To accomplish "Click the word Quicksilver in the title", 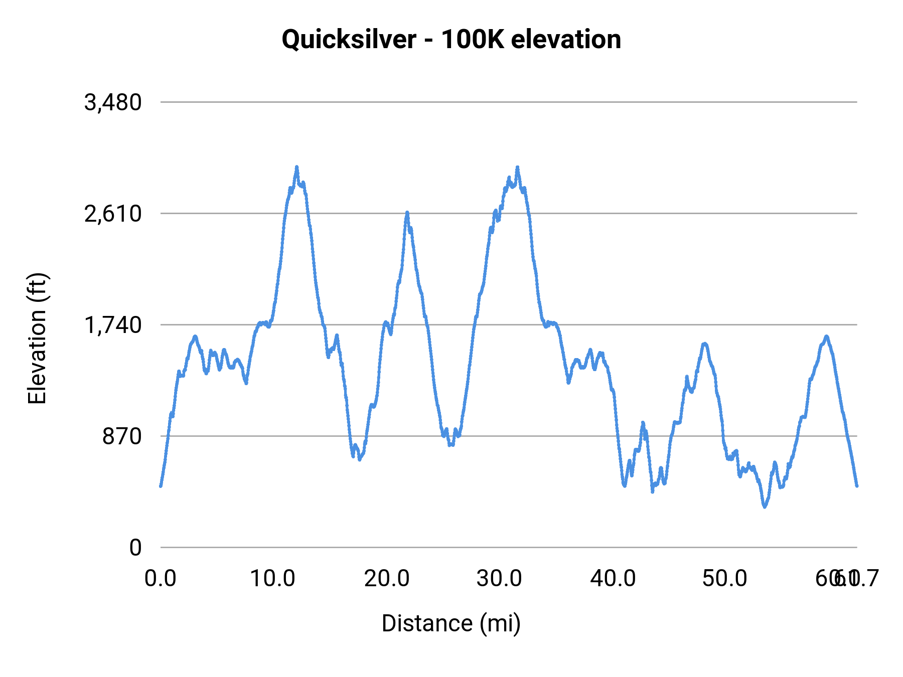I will click(349, 40).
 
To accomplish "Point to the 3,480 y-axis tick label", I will click(113, 103).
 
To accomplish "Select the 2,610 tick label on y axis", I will click(113, 214).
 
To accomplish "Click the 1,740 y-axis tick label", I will click(113, 325).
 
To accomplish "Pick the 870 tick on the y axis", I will click(122, 437).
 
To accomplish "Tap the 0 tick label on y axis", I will click(135, 548).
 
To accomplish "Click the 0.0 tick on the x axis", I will click(161, 579).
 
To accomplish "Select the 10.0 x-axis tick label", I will click(273, 579).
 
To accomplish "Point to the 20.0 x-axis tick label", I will click(387, 579).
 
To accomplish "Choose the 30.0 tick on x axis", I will click(499, 579).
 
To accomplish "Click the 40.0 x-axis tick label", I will click(613, 579).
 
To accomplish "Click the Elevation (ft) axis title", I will click(37, 339).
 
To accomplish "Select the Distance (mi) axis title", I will click(451, 623).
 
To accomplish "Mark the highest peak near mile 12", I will click(296, 167).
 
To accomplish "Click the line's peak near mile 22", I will click(407, 213).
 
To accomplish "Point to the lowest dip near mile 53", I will click(765, 506).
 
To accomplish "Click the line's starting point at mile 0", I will click(161, 485).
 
